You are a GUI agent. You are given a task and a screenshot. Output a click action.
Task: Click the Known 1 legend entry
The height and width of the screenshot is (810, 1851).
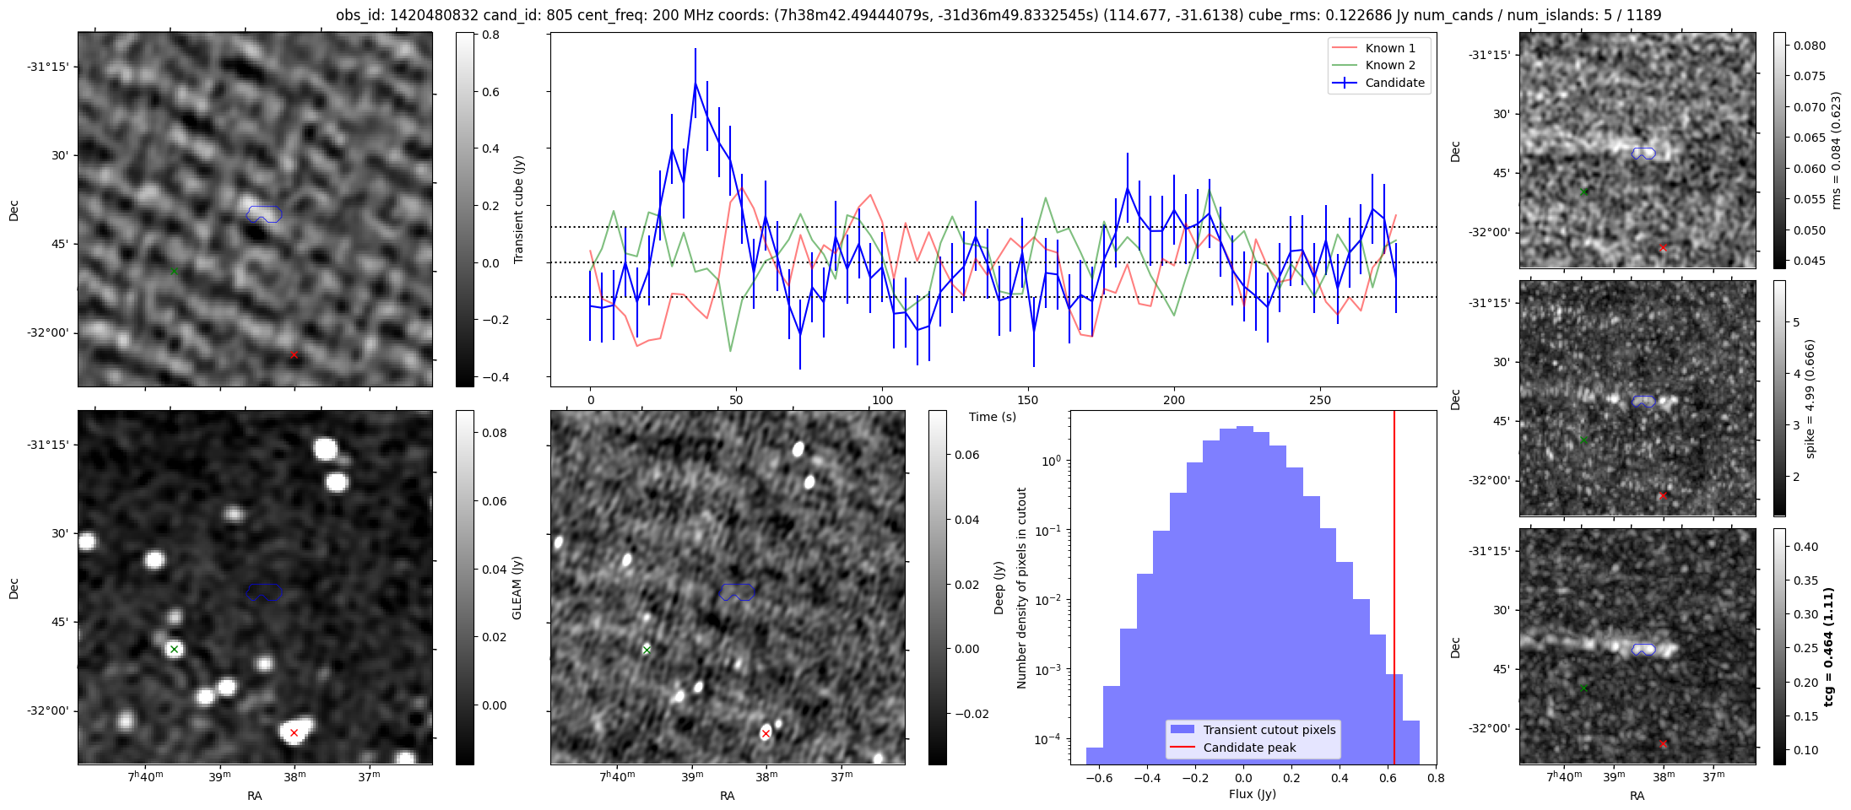tap(1389, 48)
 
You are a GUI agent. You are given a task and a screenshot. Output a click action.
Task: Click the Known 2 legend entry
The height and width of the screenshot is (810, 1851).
tap(1389, 65)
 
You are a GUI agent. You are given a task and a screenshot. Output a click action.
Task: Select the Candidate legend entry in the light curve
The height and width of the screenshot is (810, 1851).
tap(1394, 83)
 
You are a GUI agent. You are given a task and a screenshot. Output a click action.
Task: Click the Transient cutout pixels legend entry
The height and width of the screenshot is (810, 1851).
tap(1269, 730)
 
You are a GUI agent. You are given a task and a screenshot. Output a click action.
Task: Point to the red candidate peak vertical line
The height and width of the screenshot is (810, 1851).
tap(1394, 591)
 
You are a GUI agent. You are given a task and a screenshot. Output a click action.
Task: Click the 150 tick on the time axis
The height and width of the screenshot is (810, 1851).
tap(1028, 400)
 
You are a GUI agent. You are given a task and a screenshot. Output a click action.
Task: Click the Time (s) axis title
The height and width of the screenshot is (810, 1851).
tap(992, 417)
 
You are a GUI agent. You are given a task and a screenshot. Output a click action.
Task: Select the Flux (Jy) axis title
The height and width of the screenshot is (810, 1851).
tap(1253, 794)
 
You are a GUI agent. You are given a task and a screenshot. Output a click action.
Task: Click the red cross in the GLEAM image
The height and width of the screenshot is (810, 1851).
tap(294, 732)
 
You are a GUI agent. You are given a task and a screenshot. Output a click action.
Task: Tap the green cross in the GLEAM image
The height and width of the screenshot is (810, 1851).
tap(174, 649)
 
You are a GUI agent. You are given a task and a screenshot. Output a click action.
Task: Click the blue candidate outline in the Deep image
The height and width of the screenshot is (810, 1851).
tap(737, 592)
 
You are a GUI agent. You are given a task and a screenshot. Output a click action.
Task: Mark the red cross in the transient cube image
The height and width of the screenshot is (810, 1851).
tap(294, 355)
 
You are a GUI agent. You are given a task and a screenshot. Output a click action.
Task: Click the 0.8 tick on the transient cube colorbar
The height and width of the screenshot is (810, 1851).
tap(490, 35)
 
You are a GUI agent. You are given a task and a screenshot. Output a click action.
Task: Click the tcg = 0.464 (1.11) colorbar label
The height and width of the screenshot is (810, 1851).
tap(1828, 646)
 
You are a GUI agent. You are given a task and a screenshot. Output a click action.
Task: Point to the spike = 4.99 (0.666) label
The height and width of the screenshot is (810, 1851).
tap(1810, 398)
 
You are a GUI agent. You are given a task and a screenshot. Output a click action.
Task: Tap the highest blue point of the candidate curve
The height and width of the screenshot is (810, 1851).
tap(695, 83)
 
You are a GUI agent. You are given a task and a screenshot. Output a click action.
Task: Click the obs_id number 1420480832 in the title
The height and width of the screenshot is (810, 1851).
tap(430, 15)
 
